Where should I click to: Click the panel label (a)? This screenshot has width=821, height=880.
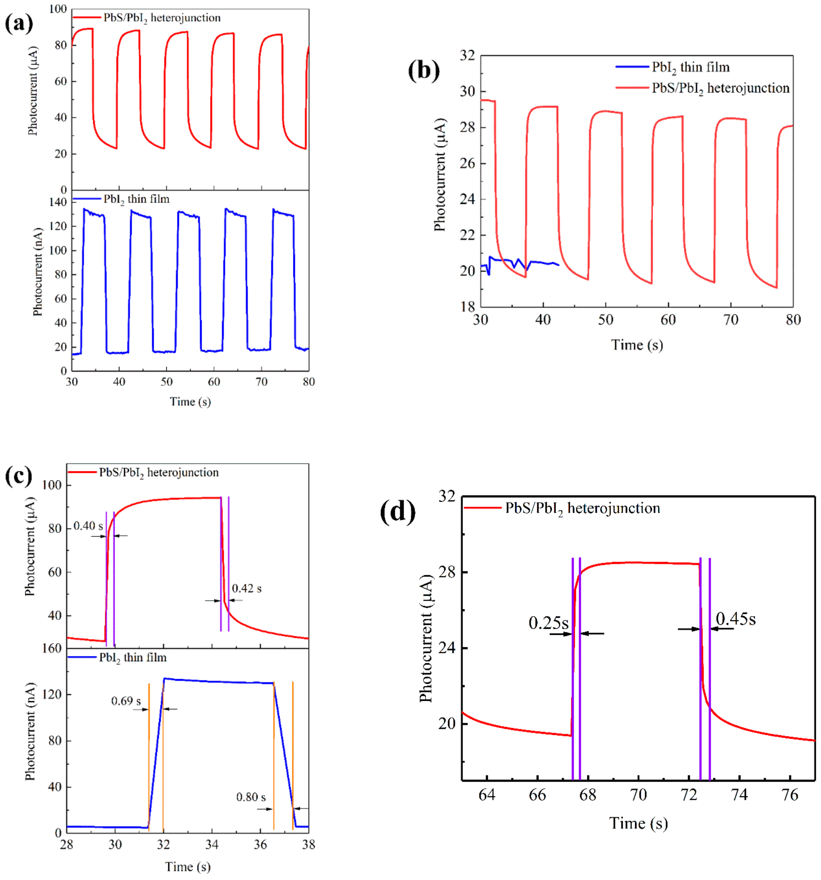tap(19, 23)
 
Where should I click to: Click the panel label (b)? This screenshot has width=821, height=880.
tap(424, 70)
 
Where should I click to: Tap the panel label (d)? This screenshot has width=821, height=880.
tap(397, 511)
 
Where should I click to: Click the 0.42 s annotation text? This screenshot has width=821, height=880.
tap(247, 588)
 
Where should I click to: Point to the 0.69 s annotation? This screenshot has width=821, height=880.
tap(126, 701)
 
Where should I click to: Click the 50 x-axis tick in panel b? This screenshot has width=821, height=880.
tap(605, 320)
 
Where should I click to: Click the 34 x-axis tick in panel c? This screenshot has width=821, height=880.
tap(212, 845)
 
